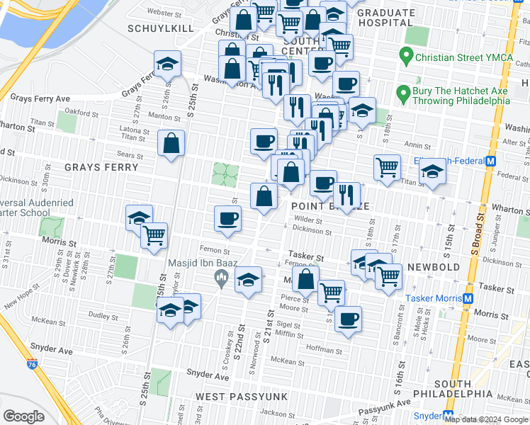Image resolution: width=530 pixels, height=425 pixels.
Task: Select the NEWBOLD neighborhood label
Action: click(x=434, y=267)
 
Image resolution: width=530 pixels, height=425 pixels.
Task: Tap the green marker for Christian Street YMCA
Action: click(x=406, y=55)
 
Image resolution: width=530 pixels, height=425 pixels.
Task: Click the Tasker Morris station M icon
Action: click(x=468, y=298)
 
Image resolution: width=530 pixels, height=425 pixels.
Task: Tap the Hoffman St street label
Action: click(x=325, y=349)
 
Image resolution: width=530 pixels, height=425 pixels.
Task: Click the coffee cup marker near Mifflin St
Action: click(x=347, y=319)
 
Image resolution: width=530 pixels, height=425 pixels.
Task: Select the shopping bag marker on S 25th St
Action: click(x=171, y=144)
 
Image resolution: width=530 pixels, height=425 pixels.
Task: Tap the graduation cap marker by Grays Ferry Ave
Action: click(x=167, y=64)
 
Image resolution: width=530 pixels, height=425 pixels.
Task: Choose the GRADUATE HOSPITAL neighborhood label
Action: click(x=386, y=18)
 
